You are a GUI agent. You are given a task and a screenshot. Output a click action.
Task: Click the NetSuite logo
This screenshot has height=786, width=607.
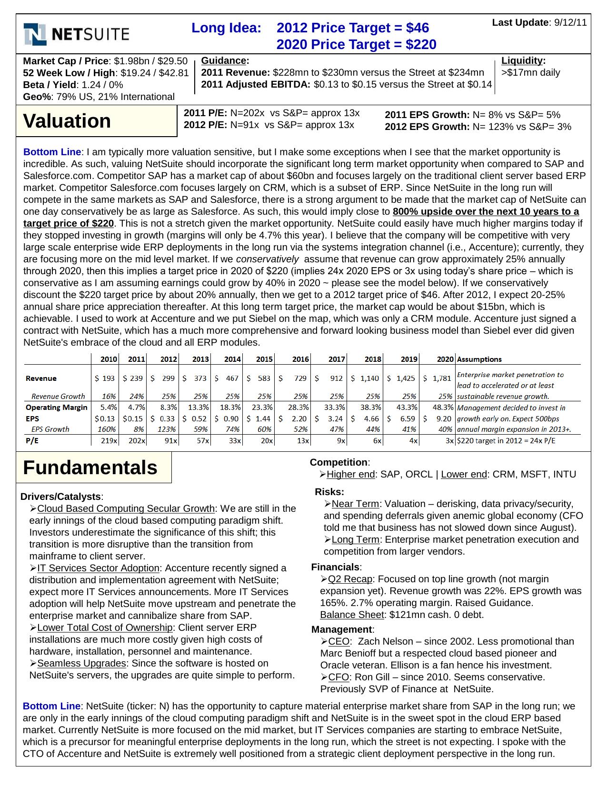pos(76,34)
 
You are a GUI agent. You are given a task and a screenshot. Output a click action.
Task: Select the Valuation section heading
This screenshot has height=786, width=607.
pos(67,121)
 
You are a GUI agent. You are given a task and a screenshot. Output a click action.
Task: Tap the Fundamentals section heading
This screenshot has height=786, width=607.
pos(90,468)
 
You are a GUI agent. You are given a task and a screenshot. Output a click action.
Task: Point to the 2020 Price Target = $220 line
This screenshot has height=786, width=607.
pos(356,44)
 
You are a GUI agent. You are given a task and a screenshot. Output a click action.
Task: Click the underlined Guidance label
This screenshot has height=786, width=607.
pos(223,60)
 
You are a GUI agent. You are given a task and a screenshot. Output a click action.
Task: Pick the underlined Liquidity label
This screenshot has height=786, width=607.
pos(522,60)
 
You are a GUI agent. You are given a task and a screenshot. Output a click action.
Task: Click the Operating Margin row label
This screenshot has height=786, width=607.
pos(57,407)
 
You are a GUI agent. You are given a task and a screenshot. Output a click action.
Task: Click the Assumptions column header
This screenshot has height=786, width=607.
pos(479,359)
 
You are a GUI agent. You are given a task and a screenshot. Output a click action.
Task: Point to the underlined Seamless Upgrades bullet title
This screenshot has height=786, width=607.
pos(81,663)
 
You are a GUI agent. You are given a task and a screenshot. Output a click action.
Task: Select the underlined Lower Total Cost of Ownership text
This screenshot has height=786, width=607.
pos(105,627)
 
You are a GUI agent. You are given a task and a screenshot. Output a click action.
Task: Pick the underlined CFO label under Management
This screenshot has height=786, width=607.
pos(338,677)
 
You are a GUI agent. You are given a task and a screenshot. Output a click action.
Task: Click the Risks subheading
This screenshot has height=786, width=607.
pos(329,492)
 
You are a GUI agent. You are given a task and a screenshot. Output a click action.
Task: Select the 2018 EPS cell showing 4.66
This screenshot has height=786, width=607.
pos(371,418)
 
